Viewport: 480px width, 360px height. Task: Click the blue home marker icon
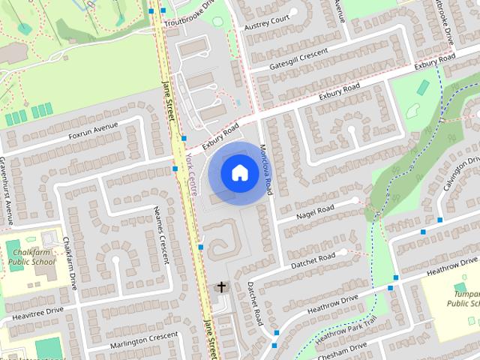pos(238,173)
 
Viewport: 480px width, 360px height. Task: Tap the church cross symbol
pos(221,286)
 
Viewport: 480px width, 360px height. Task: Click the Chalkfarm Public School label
pos(31,257)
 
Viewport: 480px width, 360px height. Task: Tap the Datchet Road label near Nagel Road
pos(313,259)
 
